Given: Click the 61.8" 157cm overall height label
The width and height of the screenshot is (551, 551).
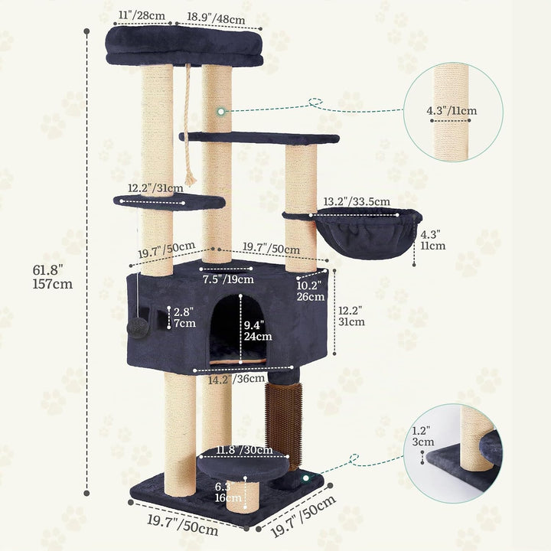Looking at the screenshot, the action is click(53, 276).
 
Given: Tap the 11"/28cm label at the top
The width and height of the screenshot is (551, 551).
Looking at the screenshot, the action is click(142, 15).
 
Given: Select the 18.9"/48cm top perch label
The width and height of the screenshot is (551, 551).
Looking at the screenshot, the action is click(216, 18).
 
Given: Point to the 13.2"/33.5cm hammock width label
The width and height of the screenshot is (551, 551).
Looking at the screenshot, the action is click(357, 201).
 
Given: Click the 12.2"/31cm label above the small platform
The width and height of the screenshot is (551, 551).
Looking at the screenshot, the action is click(155, 188).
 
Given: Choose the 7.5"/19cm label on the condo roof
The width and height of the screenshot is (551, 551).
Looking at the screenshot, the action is click(228, 279).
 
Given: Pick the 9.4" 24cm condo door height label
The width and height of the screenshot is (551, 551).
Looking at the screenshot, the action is click(258, 331).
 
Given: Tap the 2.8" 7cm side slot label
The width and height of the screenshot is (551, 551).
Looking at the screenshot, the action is click(184, 318).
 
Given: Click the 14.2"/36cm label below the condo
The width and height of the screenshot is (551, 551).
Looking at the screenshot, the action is click(236, 379).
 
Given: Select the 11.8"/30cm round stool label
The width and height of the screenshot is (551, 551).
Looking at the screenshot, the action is click(244, 450).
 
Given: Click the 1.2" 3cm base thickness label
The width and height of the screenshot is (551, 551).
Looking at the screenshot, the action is click(423, 436).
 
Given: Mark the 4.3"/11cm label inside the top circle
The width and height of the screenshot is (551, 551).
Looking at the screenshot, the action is click(452, 111).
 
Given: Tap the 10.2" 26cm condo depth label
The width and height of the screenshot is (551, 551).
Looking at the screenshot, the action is click(311, 291).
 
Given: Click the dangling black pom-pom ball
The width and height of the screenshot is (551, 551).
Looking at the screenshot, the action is click(138, 328).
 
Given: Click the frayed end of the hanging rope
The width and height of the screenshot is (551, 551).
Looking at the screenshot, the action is click(191, 179).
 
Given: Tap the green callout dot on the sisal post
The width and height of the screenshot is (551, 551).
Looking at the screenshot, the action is click(220, 112).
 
